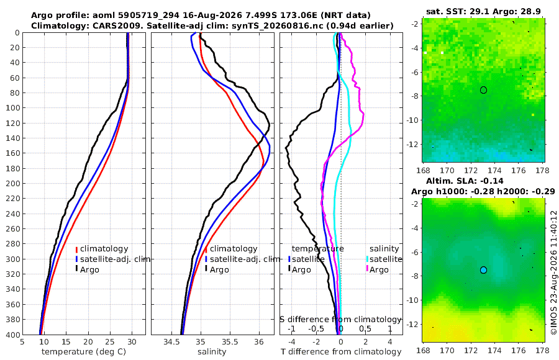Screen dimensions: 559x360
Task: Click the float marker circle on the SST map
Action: click(x=483, y=90)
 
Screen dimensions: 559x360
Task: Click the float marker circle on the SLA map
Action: click(x=483, y=270)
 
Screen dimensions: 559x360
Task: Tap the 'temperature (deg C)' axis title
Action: click(x=84, y=352)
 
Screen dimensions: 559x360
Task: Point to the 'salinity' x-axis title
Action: click(x=212, y=352)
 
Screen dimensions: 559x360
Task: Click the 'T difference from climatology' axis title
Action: click(x=341, y=352)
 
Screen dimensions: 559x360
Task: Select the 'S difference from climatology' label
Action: click(x=340, y=319)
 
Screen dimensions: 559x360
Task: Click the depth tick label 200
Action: click(x=12, y=183)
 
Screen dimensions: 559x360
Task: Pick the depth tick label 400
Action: click(x=12, y=335)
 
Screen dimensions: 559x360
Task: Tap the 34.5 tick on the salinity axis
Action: click(x=171, y=342)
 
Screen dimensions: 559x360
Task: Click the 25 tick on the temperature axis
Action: click(x=110, y=342)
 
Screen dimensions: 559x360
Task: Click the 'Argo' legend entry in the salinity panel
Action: click(x=216, y=270)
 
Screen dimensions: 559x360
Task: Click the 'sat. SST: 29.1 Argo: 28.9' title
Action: click(x=483, y=11)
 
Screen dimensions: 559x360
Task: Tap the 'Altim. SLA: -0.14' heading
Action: click(x=465, y=181)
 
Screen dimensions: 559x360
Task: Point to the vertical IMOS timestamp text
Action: click(x=553, y=272)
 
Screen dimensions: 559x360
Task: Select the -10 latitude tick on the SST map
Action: click(x=412, y=120)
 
